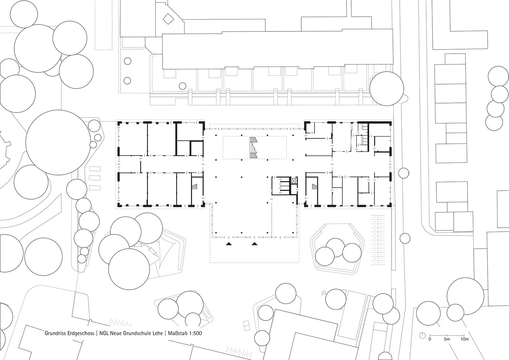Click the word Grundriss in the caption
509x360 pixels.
point(53,334)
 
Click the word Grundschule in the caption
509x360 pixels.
point(136,334)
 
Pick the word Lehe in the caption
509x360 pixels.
point(156,334)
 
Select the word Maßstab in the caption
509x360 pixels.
point(177,334)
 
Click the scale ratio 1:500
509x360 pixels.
point(195,334)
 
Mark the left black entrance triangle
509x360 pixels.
point(229,244)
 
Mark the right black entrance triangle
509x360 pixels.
point(254,244)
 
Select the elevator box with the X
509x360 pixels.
point(294,181)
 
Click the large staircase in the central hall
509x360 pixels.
point(253,148)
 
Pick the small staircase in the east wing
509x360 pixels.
point(315,187)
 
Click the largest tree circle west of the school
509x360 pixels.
point(58,143)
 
